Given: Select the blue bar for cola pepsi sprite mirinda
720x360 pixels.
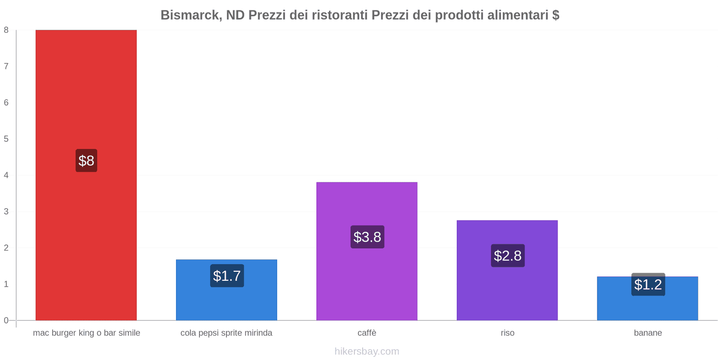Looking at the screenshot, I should [x=226, y=301].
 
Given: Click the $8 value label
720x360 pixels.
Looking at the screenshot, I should [x=86, y=161].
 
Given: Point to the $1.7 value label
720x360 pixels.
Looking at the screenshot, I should [x=227, y=276].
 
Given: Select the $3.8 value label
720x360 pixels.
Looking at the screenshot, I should [x=367, y=237].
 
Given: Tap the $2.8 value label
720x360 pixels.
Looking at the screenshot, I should [x=508, y=256].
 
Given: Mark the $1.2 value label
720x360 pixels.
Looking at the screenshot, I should [x=648, y=284].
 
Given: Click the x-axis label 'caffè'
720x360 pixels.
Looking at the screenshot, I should [x=367, y=333].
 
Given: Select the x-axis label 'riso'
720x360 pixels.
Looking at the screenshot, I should [x=507, y=333].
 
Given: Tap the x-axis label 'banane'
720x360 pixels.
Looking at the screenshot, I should [x=648, y=333].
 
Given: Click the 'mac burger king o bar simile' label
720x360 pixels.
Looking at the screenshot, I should [x=86, y=333].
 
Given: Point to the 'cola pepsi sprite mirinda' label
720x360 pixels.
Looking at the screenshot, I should [x=226, y=333].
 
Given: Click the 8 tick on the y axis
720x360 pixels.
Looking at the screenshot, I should [x=6, y=30].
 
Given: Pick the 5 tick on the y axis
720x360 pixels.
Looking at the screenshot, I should [x=6, y=139].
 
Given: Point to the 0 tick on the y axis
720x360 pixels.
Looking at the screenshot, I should [x=6, y=320].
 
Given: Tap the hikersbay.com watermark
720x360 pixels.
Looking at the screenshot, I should [x=367, y=351].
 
